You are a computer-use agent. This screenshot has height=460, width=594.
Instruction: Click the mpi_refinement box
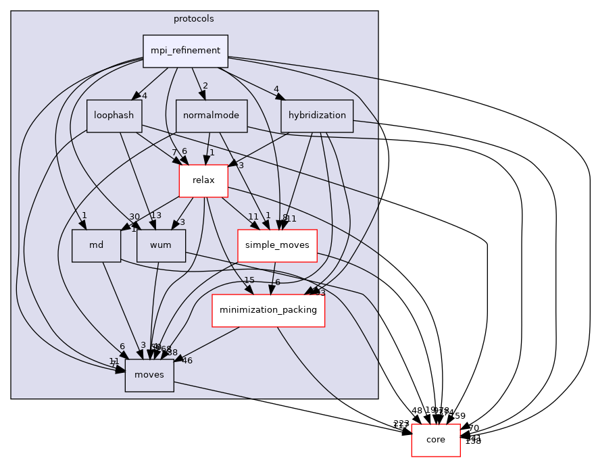pos(185,51)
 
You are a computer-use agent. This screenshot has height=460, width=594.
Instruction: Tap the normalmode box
pos(212,116)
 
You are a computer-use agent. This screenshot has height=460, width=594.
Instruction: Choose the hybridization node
pos(317,116)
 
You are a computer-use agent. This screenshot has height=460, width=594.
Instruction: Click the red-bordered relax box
pos(203,180)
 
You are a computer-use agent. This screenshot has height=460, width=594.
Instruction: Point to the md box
pos(96,245)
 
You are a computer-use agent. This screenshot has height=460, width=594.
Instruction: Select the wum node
pos(161,245)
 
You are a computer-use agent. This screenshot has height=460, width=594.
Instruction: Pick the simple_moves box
pos(277,245)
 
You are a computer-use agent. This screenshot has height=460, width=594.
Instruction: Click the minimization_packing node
pos(268,310)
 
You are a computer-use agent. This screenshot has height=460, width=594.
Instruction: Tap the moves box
pos(149,375)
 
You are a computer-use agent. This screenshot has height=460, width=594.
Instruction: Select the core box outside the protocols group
pos(436,440)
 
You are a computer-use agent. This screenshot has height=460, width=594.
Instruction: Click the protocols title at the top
pos(194,18)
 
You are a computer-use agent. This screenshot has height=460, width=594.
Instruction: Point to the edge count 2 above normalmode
pos(205,86)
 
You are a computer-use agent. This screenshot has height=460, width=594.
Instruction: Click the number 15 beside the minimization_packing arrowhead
pos(249,280)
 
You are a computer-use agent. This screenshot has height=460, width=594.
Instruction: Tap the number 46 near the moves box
pos(187,361)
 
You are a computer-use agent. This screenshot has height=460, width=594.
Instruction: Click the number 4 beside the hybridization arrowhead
pos(276,88)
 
